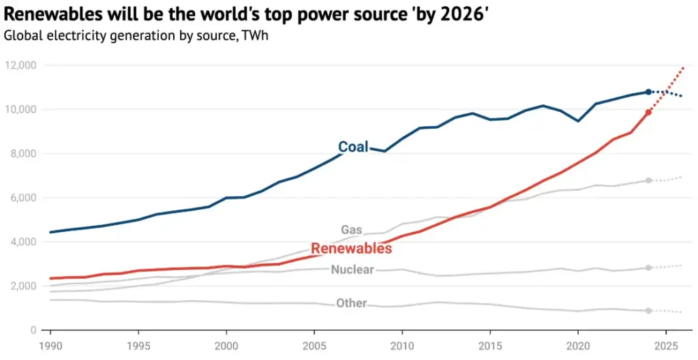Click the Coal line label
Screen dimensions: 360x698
point(353,147)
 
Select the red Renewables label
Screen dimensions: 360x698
point(351,248)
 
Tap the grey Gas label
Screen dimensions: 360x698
point(351,230)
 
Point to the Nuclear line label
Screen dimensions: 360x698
point(352,269)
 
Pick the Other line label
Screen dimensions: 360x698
point(351,303)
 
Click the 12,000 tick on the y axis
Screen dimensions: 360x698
point(22,65)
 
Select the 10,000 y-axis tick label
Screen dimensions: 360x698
point(22,110)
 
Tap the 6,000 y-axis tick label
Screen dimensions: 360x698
point(25,198)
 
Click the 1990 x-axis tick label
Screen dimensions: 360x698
point(50,345)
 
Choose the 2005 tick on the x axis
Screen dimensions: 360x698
point(314,345)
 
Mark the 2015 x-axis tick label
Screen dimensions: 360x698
point(490,345)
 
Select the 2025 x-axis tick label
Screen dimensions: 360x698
point(666,345)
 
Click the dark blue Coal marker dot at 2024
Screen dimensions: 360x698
point(648,91)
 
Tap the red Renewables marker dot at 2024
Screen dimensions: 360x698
point(648,112)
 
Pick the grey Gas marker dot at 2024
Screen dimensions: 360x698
point(648,181)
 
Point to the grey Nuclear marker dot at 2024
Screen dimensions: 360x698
point(648,267)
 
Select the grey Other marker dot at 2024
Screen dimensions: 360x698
point(648,310)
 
